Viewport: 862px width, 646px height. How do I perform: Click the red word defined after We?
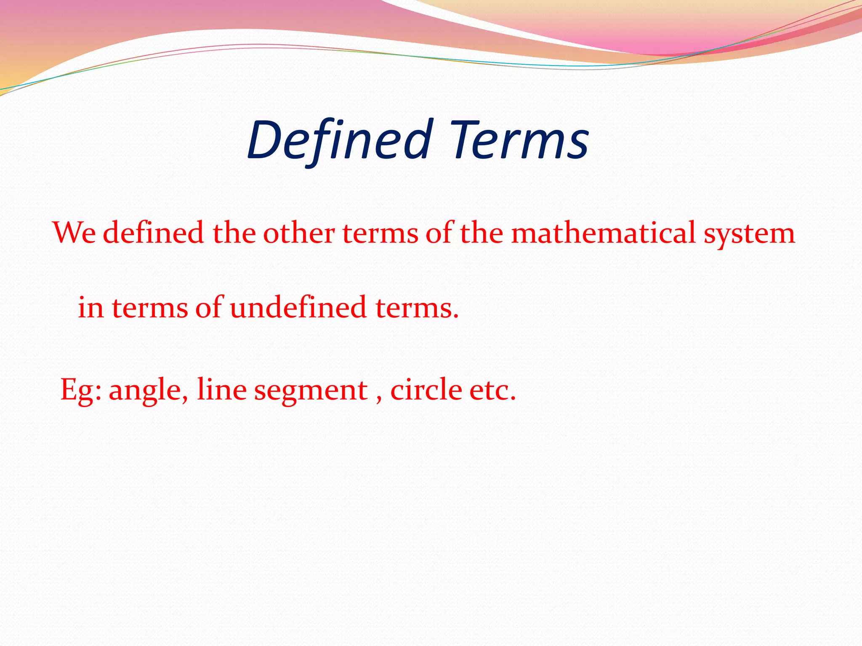pyautogui.click(x=154, y=233)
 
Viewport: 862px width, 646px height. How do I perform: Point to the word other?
pyautogui.click(x=299, y=233)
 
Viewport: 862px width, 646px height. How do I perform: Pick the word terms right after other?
pyautogui.click(x=380, y=234)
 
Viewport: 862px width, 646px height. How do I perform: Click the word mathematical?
pyautogui.click(x=603, y=233)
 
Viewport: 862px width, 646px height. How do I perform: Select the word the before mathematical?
pyautogui.click(x=482, y=233)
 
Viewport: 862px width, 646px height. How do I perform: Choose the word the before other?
pyautogui.click(x=234, y=233)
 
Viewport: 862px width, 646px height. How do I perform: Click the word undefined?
pyautogui.click(x=298, y=307)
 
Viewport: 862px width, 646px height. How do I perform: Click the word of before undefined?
pyautogui.click(x=208, y=307)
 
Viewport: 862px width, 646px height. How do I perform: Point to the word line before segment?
pyautogui.click(x=221, y=389)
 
